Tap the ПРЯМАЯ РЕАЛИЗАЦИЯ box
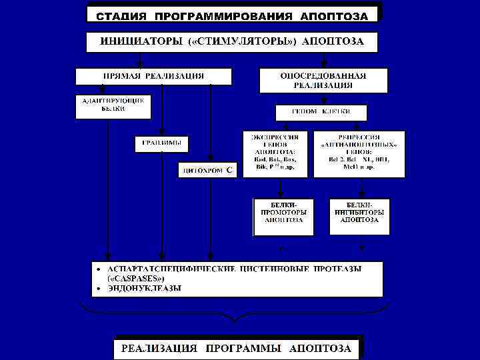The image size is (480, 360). coord(153,76)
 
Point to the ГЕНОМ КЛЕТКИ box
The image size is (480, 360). coord(321,111)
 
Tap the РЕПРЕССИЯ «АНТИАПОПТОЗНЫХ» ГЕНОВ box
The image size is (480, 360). coord(359,153)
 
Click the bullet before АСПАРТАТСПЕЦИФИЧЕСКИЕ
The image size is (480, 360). coord(98,269)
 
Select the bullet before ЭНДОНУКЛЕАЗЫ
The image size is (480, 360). coord(98,289)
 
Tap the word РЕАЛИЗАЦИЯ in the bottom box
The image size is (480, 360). coord(159,348)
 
